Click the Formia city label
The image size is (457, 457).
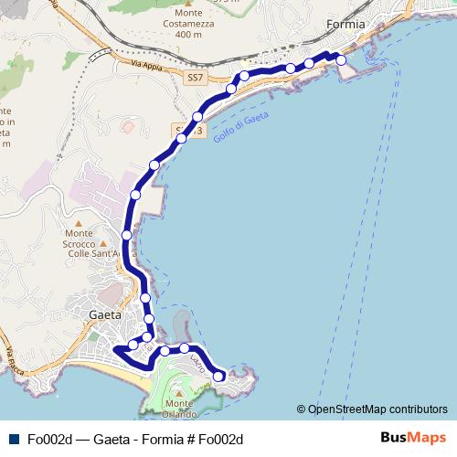pyautogui.click(x=346, y=24)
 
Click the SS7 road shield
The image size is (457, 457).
pyautogui.click(x=195, y=78)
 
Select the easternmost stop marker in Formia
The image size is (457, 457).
pyautogui.click(x=341, y=59)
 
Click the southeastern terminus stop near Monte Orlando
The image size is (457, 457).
pyautogui.click(x=218, y=376)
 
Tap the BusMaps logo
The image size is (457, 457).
pyautogui.click(x=412, y=438)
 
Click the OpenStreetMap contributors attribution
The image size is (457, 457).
pyautogui.click(x=377, y=409)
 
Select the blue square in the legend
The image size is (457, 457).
pyautogui.click(x=13, y=439)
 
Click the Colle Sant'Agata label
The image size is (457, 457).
pyautogui.click(x=94, y=253)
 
